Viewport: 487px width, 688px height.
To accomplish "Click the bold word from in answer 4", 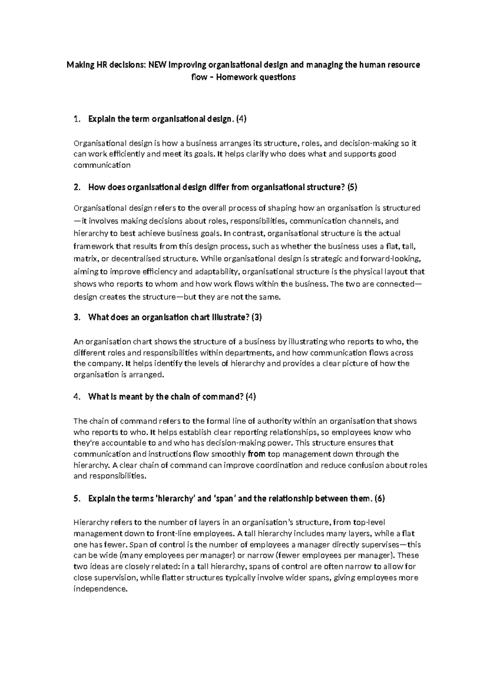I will tap(256, 454).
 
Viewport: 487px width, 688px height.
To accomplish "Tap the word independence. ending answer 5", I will tap(100, 589).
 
